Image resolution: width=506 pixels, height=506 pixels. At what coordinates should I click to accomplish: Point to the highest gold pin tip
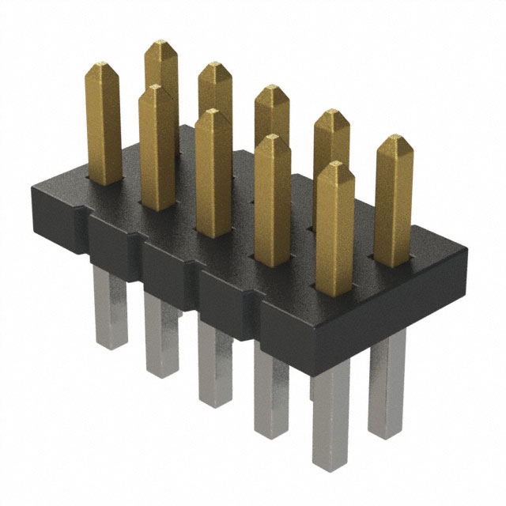(162, 43)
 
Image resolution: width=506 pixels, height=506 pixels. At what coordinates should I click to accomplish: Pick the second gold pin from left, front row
(157, 150)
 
